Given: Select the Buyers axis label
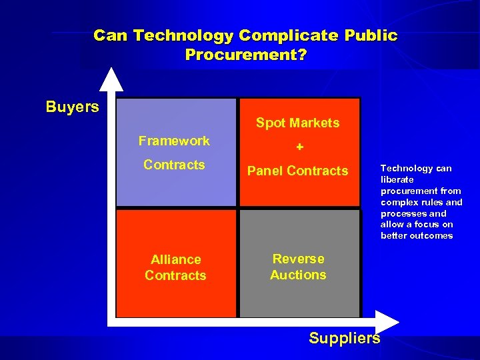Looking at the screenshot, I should click(x=72, y=107).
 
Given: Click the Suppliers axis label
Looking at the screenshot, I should click(x=345, y=338).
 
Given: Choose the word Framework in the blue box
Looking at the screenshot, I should click(x=174, y=141).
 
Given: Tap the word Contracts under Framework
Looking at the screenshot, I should click(x=174, y=165).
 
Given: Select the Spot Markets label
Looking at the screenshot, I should click(x=298, y=123).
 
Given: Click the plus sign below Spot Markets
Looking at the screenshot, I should click(x=299, y=147).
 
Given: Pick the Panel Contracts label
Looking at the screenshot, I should click(x=298, y=171).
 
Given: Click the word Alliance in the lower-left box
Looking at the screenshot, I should click(x=175, y=259).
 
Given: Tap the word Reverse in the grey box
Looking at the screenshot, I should click(x=298, y=259).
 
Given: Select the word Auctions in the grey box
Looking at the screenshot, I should click(x=298, y=275).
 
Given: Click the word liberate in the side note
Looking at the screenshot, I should click(x=397, y=179).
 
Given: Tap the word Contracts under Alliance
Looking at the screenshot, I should click(x=175, y=275).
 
